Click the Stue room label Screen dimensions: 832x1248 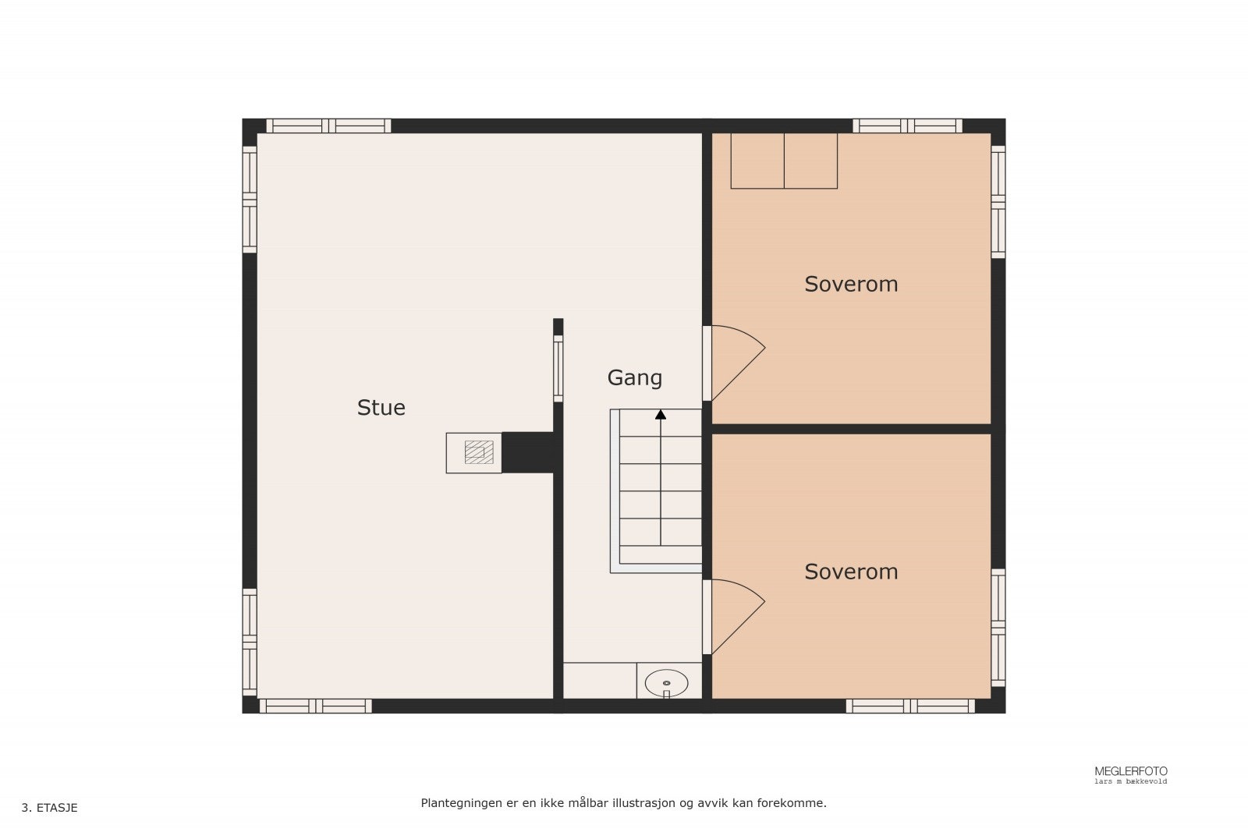tap(381, 408)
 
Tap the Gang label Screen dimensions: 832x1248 tap(634, 378)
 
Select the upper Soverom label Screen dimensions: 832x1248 tap(851, 284)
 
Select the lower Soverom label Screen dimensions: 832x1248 tap(851, 572)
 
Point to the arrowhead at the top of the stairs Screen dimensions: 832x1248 tap(661, 414)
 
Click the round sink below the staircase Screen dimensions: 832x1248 tap(666, 682)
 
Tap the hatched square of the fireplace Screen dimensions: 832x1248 tap(479, 452)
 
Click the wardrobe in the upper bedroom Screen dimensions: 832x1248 tap(783, 161)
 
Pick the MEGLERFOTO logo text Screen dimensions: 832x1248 tap(1130, 771)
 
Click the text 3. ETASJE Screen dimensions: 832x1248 tap(50, 808)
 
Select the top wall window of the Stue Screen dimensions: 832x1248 tap(328, 126)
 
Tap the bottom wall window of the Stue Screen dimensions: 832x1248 tap(315, 706)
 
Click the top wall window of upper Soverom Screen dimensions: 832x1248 tap(907, 126)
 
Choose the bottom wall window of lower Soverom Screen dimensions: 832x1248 tap(910, 706)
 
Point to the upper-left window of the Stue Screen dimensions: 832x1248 tap(250, 200)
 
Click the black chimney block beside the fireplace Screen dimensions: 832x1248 tap(528, 452)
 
